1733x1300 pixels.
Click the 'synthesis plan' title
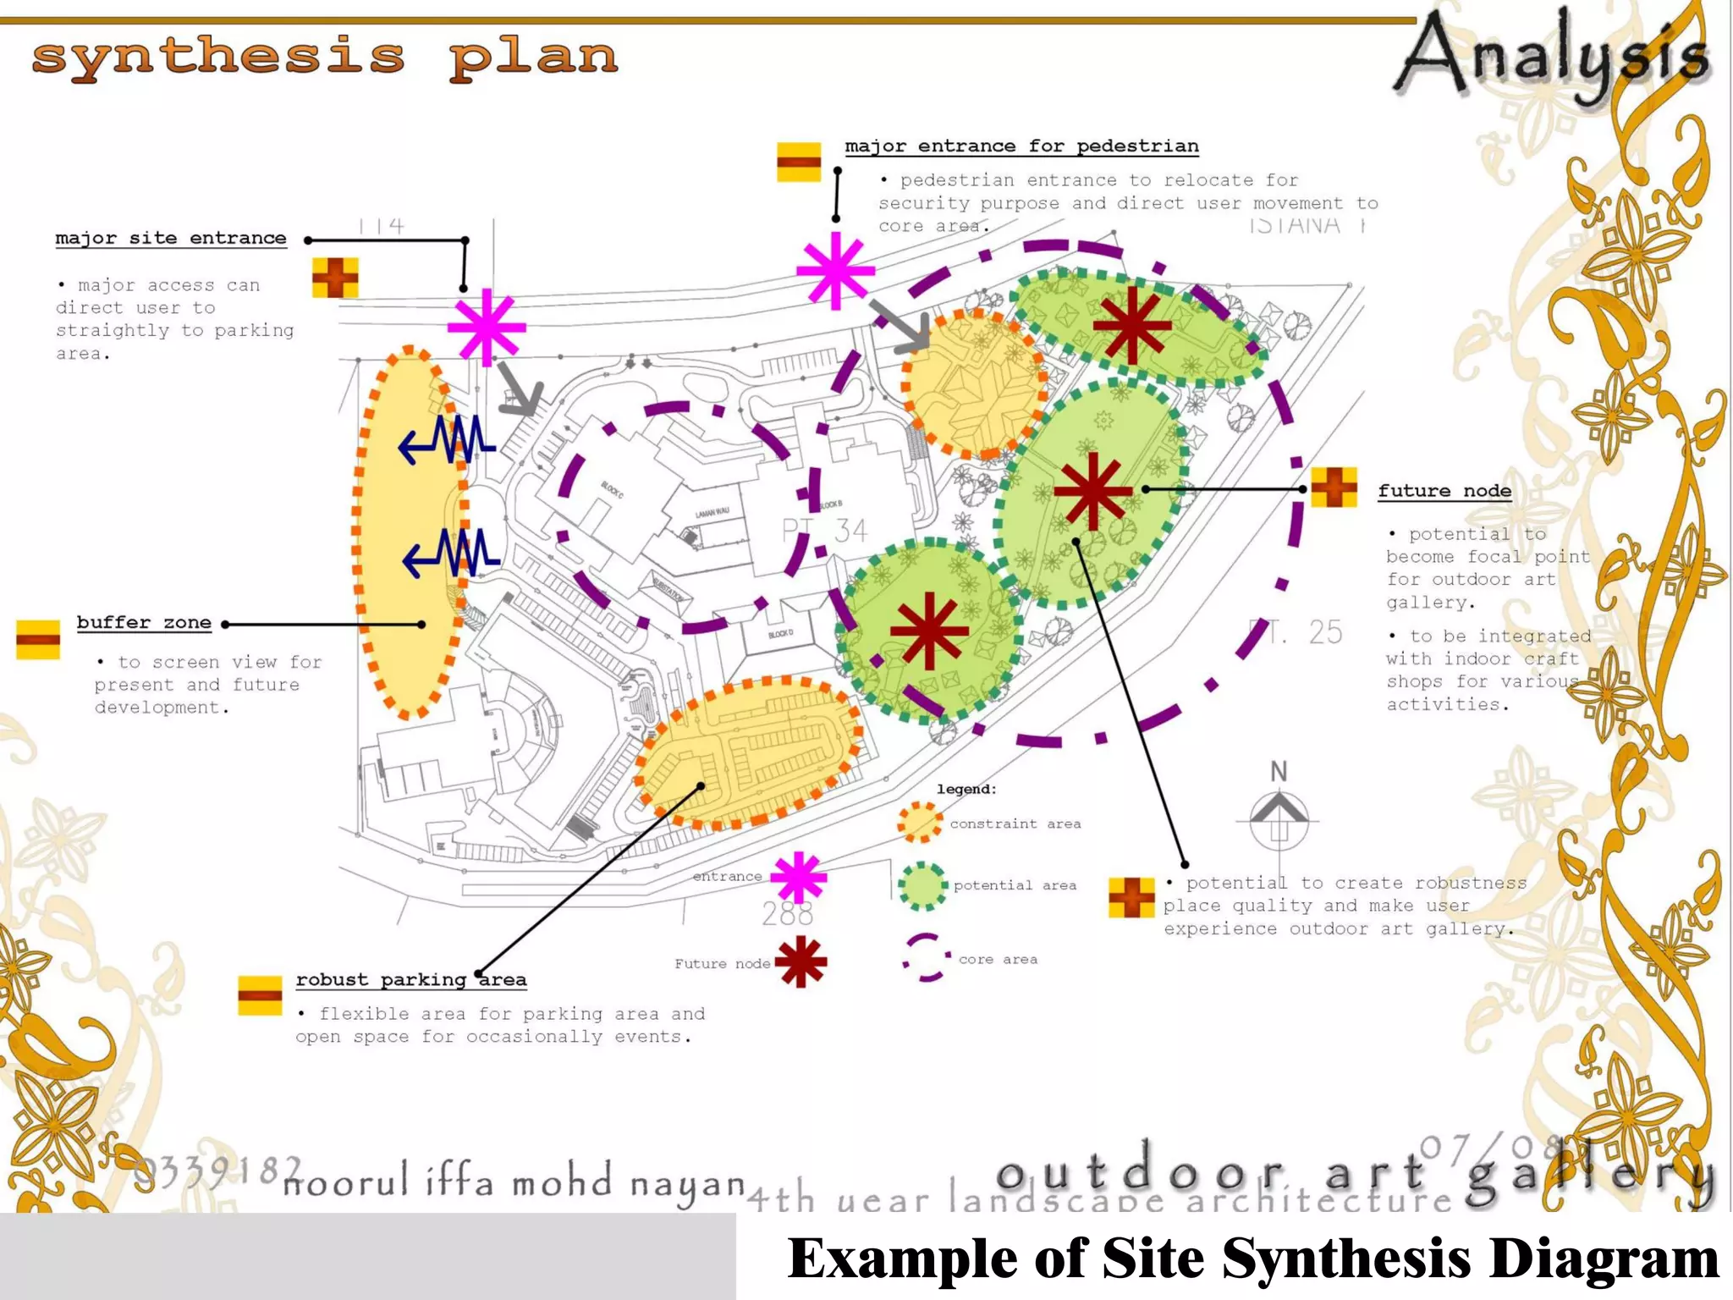324,58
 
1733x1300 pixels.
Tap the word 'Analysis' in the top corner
1553,56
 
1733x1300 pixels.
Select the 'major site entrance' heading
171,238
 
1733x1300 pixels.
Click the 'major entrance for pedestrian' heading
1021,146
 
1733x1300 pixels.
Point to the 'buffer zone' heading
144,623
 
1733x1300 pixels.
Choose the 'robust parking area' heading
410,980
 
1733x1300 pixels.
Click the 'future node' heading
1444,491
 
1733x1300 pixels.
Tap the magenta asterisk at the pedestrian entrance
835,271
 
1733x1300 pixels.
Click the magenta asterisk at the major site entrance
487,327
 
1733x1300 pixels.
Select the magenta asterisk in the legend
798,878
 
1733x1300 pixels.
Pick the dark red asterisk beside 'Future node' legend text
800,962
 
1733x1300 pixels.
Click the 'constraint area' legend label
1015,824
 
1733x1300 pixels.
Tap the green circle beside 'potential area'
922,886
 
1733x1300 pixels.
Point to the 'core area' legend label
998,960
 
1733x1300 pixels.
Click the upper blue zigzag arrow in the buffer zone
446,440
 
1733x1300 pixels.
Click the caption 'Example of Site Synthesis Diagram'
1252,1258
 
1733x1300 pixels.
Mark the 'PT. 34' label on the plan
825,531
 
